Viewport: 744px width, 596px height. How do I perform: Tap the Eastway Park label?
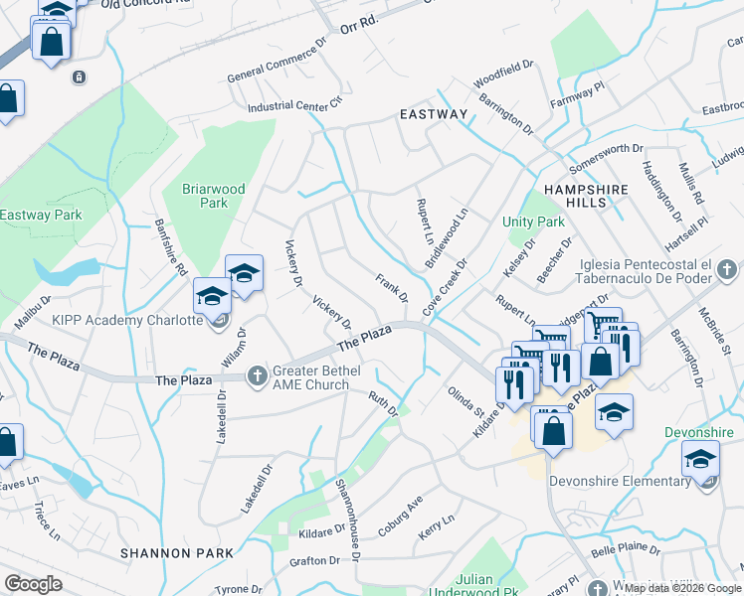tap(41, 215)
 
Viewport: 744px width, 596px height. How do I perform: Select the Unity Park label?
tap(533, 223)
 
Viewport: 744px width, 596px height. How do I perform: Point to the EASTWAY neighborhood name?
tap(434, 114)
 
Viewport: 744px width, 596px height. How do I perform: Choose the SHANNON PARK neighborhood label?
tap(176, 552)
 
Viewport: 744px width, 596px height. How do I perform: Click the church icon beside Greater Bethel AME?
tap(258, 374)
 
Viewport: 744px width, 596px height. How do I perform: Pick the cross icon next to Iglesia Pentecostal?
tap(727, 269)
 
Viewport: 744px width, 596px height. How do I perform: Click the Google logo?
tap(33, 583)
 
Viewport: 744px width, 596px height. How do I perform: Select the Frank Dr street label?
tap(391, 289)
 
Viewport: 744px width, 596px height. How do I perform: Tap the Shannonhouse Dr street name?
tap(351, 503)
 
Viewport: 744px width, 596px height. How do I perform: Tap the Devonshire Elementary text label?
tap(620, 481)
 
